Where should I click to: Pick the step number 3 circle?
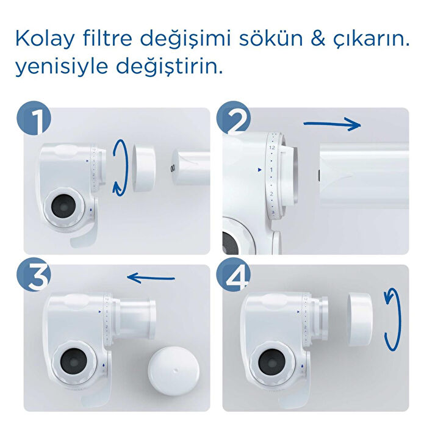(x=34, y=278)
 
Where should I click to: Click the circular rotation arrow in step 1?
(x=121, y=167)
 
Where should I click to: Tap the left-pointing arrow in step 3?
(x=151, y=279)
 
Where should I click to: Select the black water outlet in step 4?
(x=271, y=363)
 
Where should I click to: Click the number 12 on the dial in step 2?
(x=272, y=148)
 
